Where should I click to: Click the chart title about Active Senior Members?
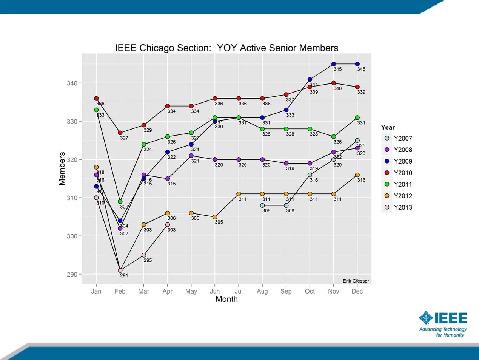pyautogui.click(x=226, y=48)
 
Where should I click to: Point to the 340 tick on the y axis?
pyautogui.click(x=72, y=83)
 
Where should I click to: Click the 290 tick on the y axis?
pyautogui.click(x=72, y=274)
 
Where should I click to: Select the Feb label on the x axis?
pyautogui.click(x=120, y=291)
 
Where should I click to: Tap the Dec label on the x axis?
pyautogui.click(x=357, y=291)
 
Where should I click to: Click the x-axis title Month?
pyautogui.click(x=226, y=299)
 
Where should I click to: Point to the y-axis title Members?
pyautogui.click(x=62, y=168)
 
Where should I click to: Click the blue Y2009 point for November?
pyautogui.click(x=334, y=64)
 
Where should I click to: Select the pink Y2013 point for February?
pyautogui.click(x=120, y=270)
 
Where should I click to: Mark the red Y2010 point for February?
pyautogui.click(x=120, y=133)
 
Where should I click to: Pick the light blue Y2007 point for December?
pyautogui.click(x=357, y=141)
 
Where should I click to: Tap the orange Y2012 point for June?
pyautogui.click(x=215, y=217)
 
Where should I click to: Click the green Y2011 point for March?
pyautogui.click(x=144, y=144)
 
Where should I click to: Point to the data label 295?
pyautogui.click(x=148, y=260)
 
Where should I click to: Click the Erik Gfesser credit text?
pyautogui.click(x=356, y=281)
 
